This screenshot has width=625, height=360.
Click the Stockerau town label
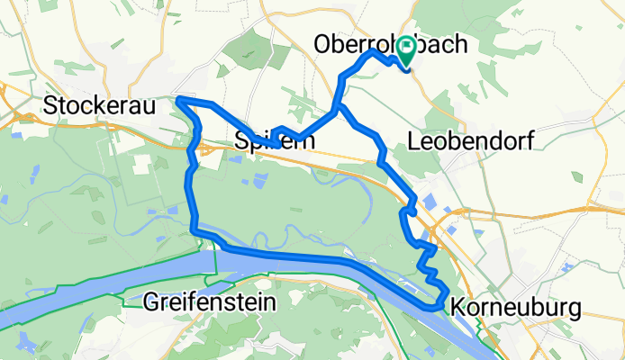(99, 106)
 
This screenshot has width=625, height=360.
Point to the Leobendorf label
(471, 140)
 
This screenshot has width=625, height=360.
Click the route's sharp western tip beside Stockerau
(179, 99)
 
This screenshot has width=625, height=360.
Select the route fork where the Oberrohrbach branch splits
(338, 109)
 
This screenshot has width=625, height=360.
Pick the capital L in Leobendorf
(414, 140)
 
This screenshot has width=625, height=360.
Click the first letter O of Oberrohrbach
(322, 43)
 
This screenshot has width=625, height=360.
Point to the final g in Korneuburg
(574, 310)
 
